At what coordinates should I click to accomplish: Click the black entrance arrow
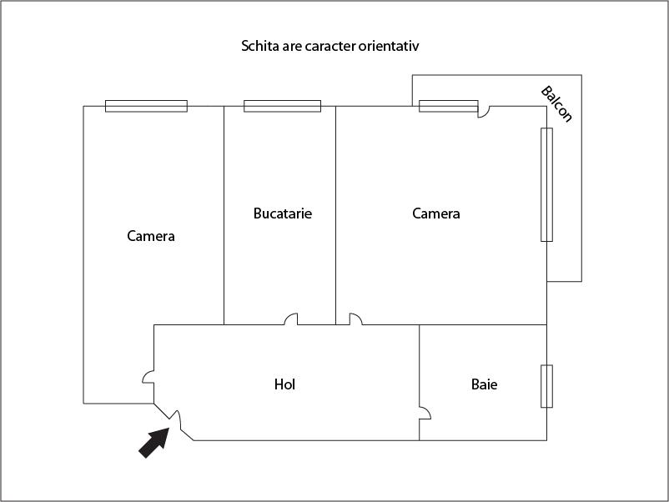point(154,443)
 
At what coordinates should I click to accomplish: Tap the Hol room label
point(284,384)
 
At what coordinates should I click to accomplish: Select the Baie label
point(485,384)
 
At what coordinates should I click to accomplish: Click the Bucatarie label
point(283,213)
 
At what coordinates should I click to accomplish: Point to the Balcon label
point(556,104)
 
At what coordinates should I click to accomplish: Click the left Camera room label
point(151,236)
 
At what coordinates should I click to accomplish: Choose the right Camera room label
point(436,213)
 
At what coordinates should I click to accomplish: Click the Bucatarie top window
point(283,106)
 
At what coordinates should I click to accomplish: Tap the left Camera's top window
point(146,106)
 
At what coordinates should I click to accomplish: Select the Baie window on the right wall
point(547,386)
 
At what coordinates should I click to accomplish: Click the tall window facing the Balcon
point(547,184)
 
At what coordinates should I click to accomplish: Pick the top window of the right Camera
point(449,106)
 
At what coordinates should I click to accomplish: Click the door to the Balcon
point(484,111)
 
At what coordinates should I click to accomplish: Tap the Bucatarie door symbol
point(290,319)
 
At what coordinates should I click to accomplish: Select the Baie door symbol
point(425,413)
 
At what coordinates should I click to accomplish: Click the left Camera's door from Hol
point(148,377)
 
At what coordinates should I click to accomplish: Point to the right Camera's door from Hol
point(356,319)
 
